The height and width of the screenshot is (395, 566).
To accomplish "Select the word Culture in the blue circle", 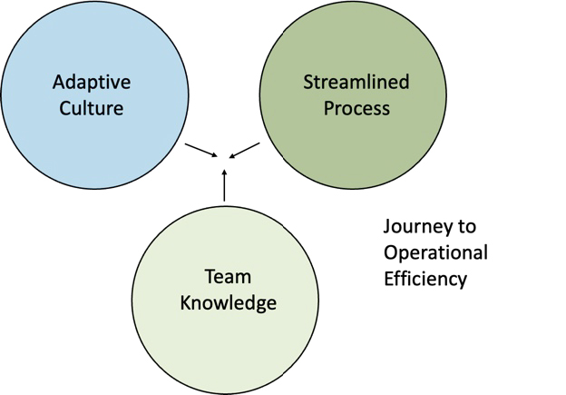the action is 92,108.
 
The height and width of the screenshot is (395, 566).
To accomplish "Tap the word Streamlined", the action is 356,82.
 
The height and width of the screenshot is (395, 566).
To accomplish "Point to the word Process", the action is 356,108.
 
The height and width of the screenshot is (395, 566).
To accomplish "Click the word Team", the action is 229,277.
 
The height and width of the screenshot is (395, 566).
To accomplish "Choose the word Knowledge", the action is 229,304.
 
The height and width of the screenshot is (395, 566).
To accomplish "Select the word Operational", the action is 435,252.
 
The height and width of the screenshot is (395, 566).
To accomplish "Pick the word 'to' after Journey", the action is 467,227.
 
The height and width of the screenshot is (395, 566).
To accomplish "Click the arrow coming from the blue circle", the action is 201,151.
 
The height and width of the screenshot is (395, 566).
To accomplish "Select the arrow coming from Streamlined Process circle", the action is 244,151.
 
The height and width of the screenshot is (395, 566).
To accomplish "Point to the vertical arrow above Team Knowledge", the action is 224,185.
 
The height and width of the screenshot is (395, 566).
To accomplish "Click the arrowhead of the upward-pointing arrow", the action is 224,172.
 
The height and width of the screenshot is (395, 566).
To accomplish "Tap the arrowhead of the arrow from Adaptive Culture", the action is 215,155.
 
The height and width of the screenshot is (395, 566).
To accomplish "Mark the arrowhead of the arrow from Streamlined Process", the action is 232,156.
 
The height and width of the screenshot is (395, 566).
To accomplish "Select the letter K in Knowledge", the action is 186,303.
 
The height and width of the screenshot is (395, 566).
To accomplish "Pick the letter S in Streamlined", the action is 307,82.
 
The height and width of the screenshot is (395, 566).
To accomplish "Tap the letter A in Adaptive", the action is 59,82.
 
